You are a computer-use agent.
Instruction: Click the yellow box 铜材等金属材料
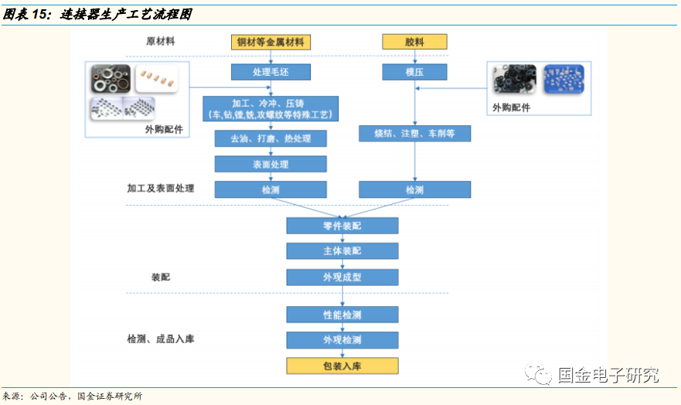(271, 43)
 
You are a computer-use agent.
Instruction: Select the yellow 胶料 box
(414, 43)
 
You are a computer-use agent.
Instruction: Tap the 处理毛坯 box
(271, 73)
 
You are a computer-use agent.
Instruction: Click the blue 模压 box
(414, 73)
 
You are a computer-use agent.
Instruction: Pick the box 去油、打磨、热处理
(271, 138)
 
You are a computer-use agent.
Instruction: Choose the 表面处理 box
(271, 164)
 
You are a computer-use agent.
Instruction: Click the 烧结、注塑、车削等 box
(414, 134)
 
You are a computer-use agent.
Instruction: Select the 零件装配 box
(342, 226)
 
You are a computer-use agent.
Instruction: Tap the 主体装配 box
(342, 251)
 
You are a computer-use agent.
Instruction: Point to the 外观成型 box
(342, 277)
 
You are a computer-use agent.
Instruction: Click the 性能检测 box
(342, 315)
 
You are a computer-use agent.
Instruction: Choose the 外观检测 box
(342, 340)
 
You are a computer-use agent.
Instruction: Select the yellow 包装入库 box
(342, 366)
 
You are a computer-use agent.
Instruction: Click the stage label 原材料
(161, 42)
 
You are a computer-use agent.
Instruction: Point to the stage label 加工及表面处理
(161, 188)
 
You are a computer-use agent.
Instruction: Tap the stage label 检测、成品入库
(161, 339)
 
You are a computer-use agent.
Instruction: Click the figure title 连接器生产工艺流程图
(128, 15)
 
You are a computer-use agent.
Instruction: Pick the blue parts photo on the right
(564, 80)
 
